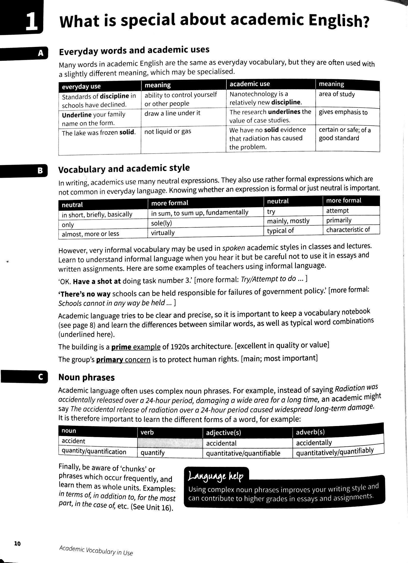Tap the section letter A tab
point(41,53)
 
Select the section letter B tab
point(40,171)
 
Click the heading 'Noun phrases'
point(86,377)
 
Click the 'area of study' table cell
point(337,94)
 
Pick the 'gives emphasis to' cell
point(343,112)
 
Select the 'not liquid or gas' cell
point(168,132)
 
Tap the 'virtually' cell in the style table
point(163,233)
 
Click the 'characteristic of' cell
point(348,229)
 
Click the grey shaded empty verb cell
point(170,442)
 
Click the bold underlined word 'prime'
point(121,347)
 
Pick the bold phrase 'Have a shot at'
point(97,281)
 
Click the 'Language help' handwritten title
point(215,476)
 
